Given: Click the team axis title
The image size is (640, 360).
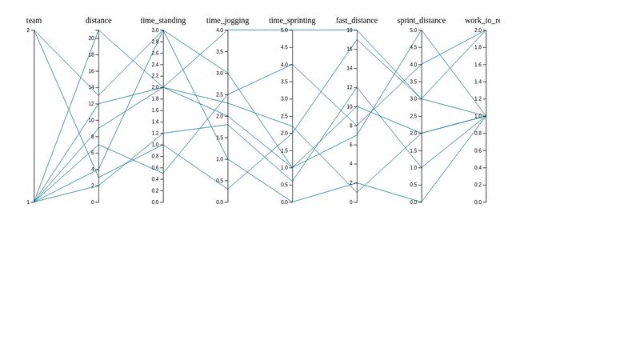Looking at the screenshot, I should tap(34, 20).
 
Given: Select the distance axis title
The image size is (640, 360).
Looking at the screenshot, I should tap(98, 20).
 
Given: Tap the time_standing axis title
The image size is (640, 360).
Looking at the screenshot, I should tap(163, 20).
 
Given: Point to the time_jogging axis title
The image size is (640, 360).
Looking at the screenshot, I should tap(228, 20).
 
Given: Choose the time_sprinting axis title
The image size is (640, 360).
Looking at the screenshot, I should tap(292, 20).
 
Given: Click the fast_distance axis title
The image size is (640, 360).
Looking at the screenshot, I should tap(357, 20).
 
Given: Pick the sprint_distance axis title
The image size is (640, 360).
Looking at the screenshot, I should tap(422, 20).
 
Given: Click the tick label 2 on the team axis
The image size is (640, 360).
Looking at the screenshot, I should tap(28, 30).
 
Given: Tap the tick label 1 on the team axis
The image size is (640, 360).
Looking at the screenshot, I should tap(28, 202).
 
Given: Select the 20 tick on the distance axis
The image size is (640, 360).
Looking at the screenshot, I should tap(91, 38).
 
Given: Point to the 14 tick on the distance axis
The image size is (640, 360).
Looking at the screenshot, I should tap(91, 87).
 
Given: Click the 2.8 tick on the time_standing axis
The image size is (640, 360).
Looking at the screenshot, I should tap(154, 42).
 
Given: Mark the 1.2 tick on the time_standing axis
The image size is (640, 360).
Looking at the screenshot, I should tap(154, 134).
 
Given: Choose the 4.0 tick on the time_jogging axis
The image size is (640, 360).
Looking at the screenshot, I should tap(219, 30).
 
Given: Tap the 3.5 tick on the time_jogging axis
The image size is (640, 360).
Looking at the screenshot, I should tap(219, 52).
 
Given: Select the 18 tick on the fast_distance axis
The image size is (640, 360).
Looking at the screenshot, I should tap(350, 30).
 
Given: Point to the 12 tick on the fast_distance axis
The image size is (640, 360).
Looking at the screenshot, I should tap(350, 87).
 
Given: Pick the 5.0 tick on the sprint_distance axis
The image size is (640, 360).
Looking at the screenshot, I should tap(413, 30).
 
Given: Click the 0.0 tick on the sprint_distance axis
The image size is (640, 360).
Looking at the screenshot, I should tap(413, 202).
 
